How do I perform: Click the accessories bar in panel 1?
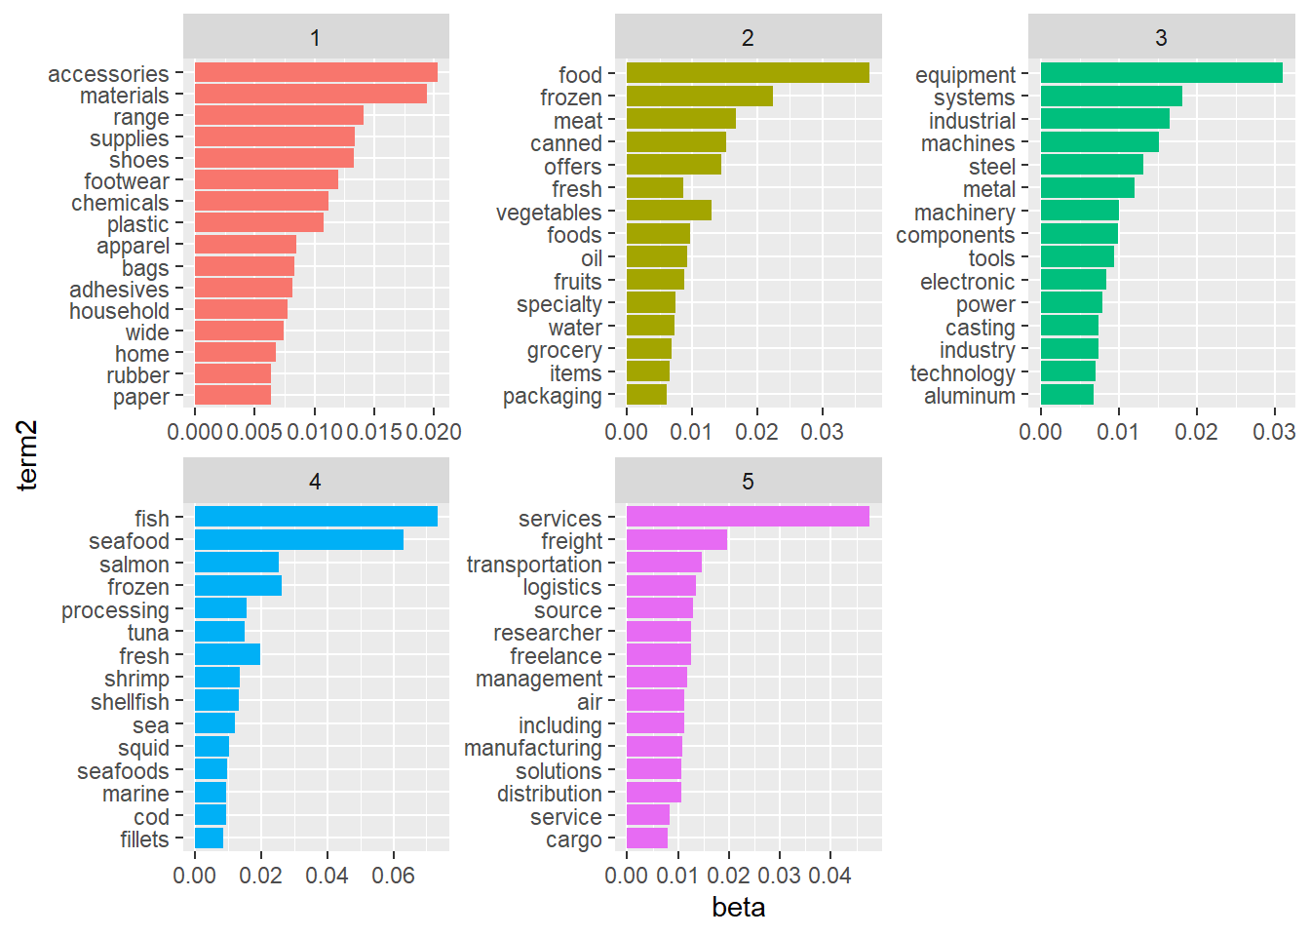click(316, 72)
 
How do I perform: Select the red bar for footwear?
click(266, 180)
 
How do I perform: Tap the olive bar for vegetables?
click(669, 211)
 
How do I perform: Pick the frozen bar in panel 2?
click(699, 97)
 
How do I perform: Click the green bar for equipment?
click(1161, 73)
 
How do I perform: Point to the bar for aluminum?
click(1066, 395)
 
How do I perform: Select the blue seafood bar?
click(298, 540)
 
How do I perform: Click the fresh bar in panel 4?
click(227, 655)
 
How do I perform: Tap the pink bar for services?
click(748, 517)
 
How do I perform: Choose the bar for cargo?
click(647, 838)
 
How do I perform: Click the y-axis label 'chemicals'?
click(120, 203)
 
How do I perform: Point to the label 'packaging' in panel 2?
click(552, 396)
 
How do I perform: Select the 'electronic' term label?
click(967, 282)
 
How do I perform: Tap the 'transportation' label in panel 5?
click(534, 565)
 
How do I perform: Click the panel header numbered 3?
click(1161, 38)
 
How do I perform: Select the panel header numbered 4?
click(315, 482)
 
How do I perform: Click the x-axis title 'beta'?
click(738, 908)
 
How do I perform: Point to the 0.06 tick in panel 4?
click(393, 876)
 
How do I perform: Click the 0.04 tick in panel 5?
click(829, 876)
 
